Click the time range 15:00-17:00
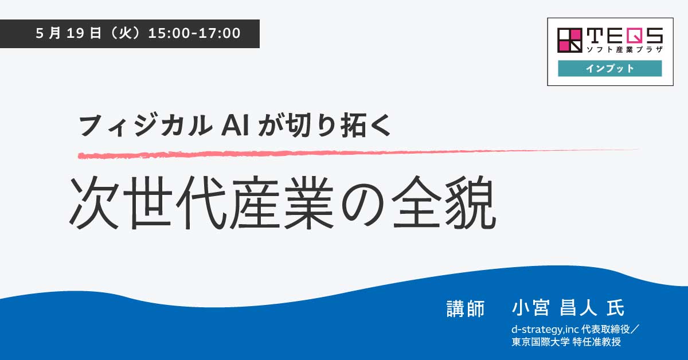194,33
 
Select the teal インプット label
610,68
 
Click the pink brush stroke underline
355,153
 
